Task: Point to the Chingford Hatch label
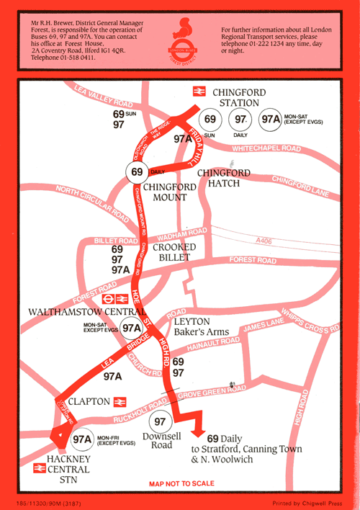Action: point(224,179)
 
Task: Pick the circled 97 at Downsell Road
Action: point(160,421)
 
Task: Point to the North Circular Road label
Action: point(86,202)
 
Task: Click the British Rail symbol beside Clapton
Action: point(120,402)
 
